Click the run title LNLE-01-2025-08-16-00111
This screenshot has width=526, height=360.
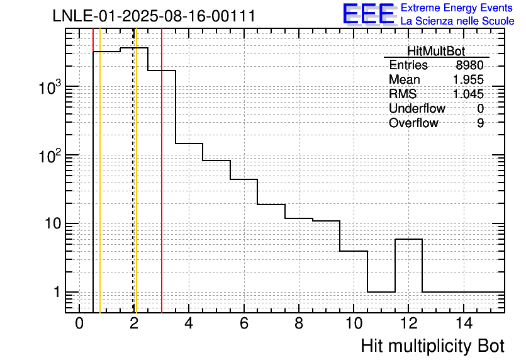point(154,16)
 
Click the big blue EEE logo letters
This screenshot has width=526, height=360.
point(369,14)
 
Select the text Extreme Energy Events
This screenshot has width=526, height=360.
point(457,8)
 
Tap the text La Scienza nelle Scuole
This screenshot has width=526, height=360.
point(457,21)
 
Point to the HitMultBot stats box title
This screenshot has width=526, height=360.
point(436,51)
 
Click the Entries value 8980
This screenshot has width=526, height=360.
point(469,65)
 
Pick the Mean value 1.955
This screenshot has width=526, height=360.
point(468,79)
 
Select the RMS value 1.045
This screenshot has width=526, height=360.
point(468,94)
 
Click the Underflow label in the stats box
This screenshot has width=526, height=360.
point(417,108)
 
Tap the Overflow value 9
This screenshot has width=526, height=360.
point(480,123)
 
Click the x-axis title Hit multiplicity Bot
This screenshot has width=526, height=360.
point(432,346)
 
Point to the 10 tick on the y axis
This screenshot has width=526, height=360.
point(53,223)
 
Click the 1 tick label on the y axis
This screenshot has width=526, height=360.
point(57,292)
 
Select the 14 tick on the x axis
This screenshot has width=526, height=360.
point(464,323)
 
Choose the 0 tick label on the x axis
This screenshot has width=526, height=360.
point(79,323)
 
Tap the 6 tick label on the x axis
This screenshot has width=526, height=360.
point(244,323)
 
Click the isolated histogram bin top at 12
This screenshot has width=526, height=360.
point(408,239)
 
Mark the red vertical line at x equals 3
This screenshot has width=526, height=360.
point(162,171)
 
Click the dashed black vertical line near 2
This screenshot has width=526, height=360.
point(133,171)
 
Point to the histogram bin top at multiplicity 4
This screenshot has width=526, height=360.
point(189,143)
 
